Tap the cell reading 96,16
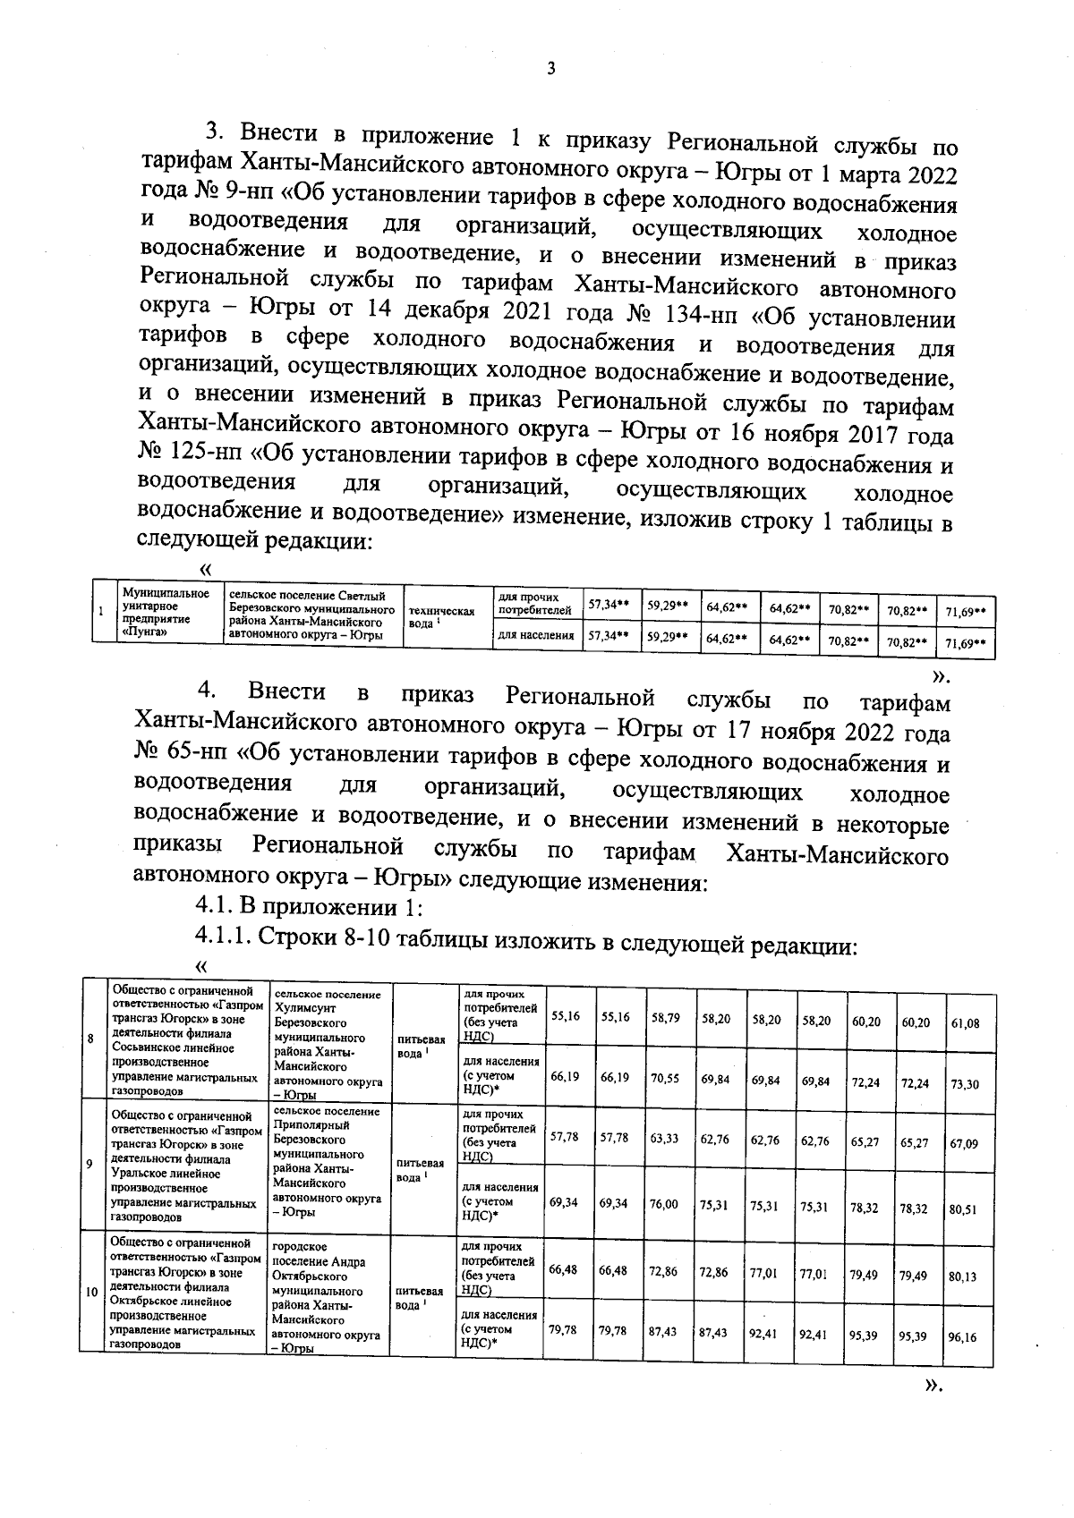point(963,1338)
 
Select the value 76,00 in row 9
point(663,1205)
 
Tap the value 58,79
point(663,1018)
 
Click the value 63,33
point(663,1139)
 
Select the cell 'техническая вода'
point(439,616)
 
